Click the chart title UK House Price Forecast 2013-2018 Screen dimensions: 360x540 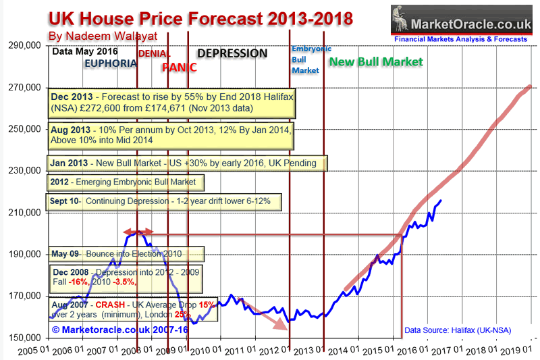[x=200, y=17]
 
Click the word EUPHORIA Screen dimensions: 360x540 [x=110, y=63]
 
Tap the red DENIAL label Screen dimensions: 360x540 [x=155, y=53]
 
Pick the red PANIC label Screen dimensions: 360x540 [x=180, y=67]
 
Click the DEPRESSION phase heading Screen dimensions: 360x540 [x=232, y=53]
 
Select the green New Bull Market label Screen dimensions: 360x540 [x=375, y=62]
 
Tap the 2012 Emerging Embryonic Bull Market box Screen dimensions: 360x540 [x=126, y=182]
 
